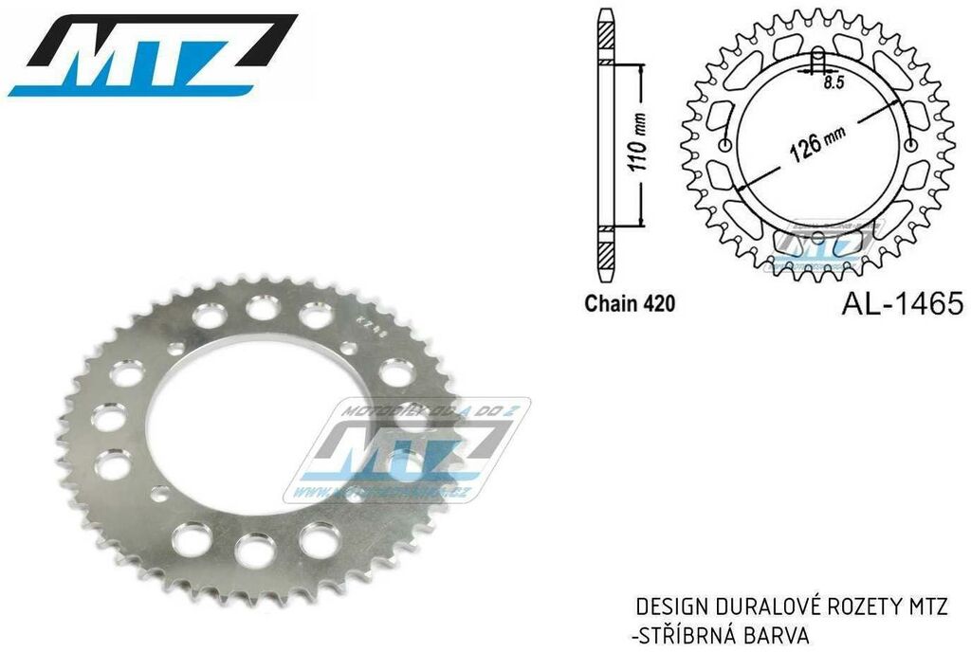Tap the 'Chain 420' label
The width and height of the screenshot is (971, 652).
click(x=629, y=305)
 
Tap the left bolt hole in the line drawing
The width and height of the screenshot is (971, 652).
click(x=727, y=145)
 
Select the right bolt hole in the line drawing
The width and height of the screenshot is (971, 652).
click(x=910, y=145)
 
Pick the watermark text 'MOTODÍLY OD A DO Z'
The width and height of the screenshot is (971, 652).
click(x=417, y=410)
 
